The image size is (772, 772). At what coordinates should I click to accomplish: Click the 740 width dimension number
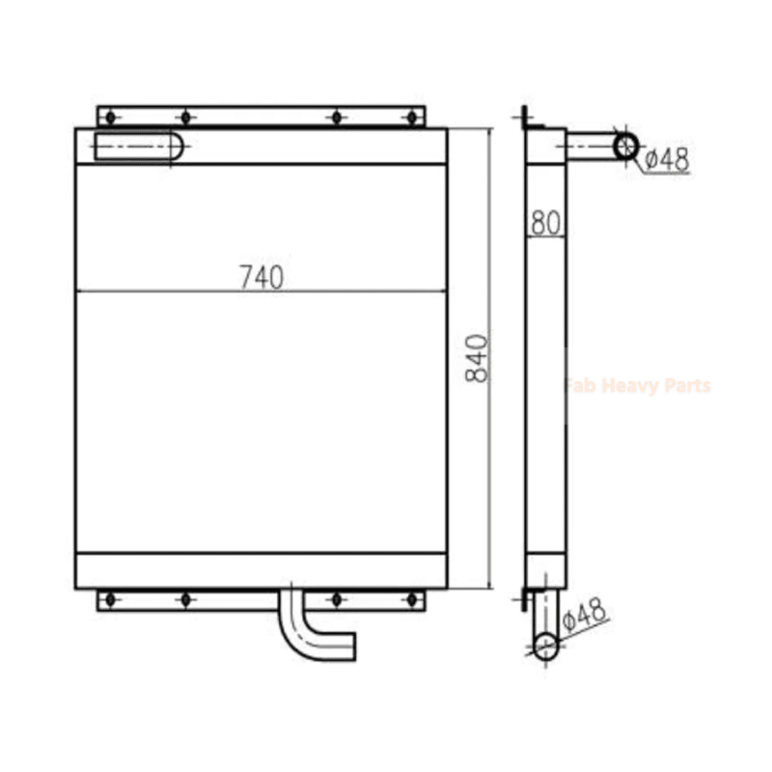tap(262, 276)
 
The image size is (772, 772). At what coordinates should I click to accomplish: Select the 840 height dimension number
tap(478, 358)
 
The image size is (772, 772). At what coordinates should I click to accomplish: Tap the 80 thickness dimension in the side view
tap(545, 223)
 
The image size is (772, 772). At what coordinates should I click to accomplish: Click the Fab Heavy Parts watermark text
tap(637, 386)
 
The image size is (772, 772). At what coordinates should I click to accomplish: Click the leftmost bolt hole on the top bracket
tap(110, 117)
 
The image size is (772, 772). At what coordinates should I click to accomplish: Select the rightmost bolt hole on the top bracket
tap(412, 117)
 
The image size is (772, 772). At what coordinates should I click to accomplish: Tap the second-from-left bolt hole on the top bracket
tap(186, 117)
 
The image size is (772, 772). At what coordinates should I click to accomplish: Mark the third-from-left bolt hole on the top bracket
tap(337, 117)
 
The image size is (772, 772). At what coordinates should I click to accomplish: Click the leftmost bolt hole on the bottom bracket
tap(110, 599)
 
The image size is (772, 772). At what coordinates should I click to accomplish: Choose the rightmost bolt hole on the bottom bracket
tap(412, 599)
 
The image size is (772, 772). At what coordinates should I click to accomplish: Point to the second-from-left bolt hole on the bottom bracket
tap(186, 599)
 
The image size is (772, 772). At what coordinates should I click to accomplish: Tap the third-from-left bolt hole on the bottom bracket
tap(337, 599)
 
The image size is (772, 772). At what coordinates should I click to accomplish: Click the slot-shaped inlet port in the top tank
tap(141, 147)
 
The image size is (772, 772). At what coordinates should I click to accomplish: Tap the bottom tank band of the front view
tap(261, 570)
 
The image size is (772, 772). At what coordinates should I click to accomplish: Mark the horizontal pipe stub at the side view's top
tap(591, 146)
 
